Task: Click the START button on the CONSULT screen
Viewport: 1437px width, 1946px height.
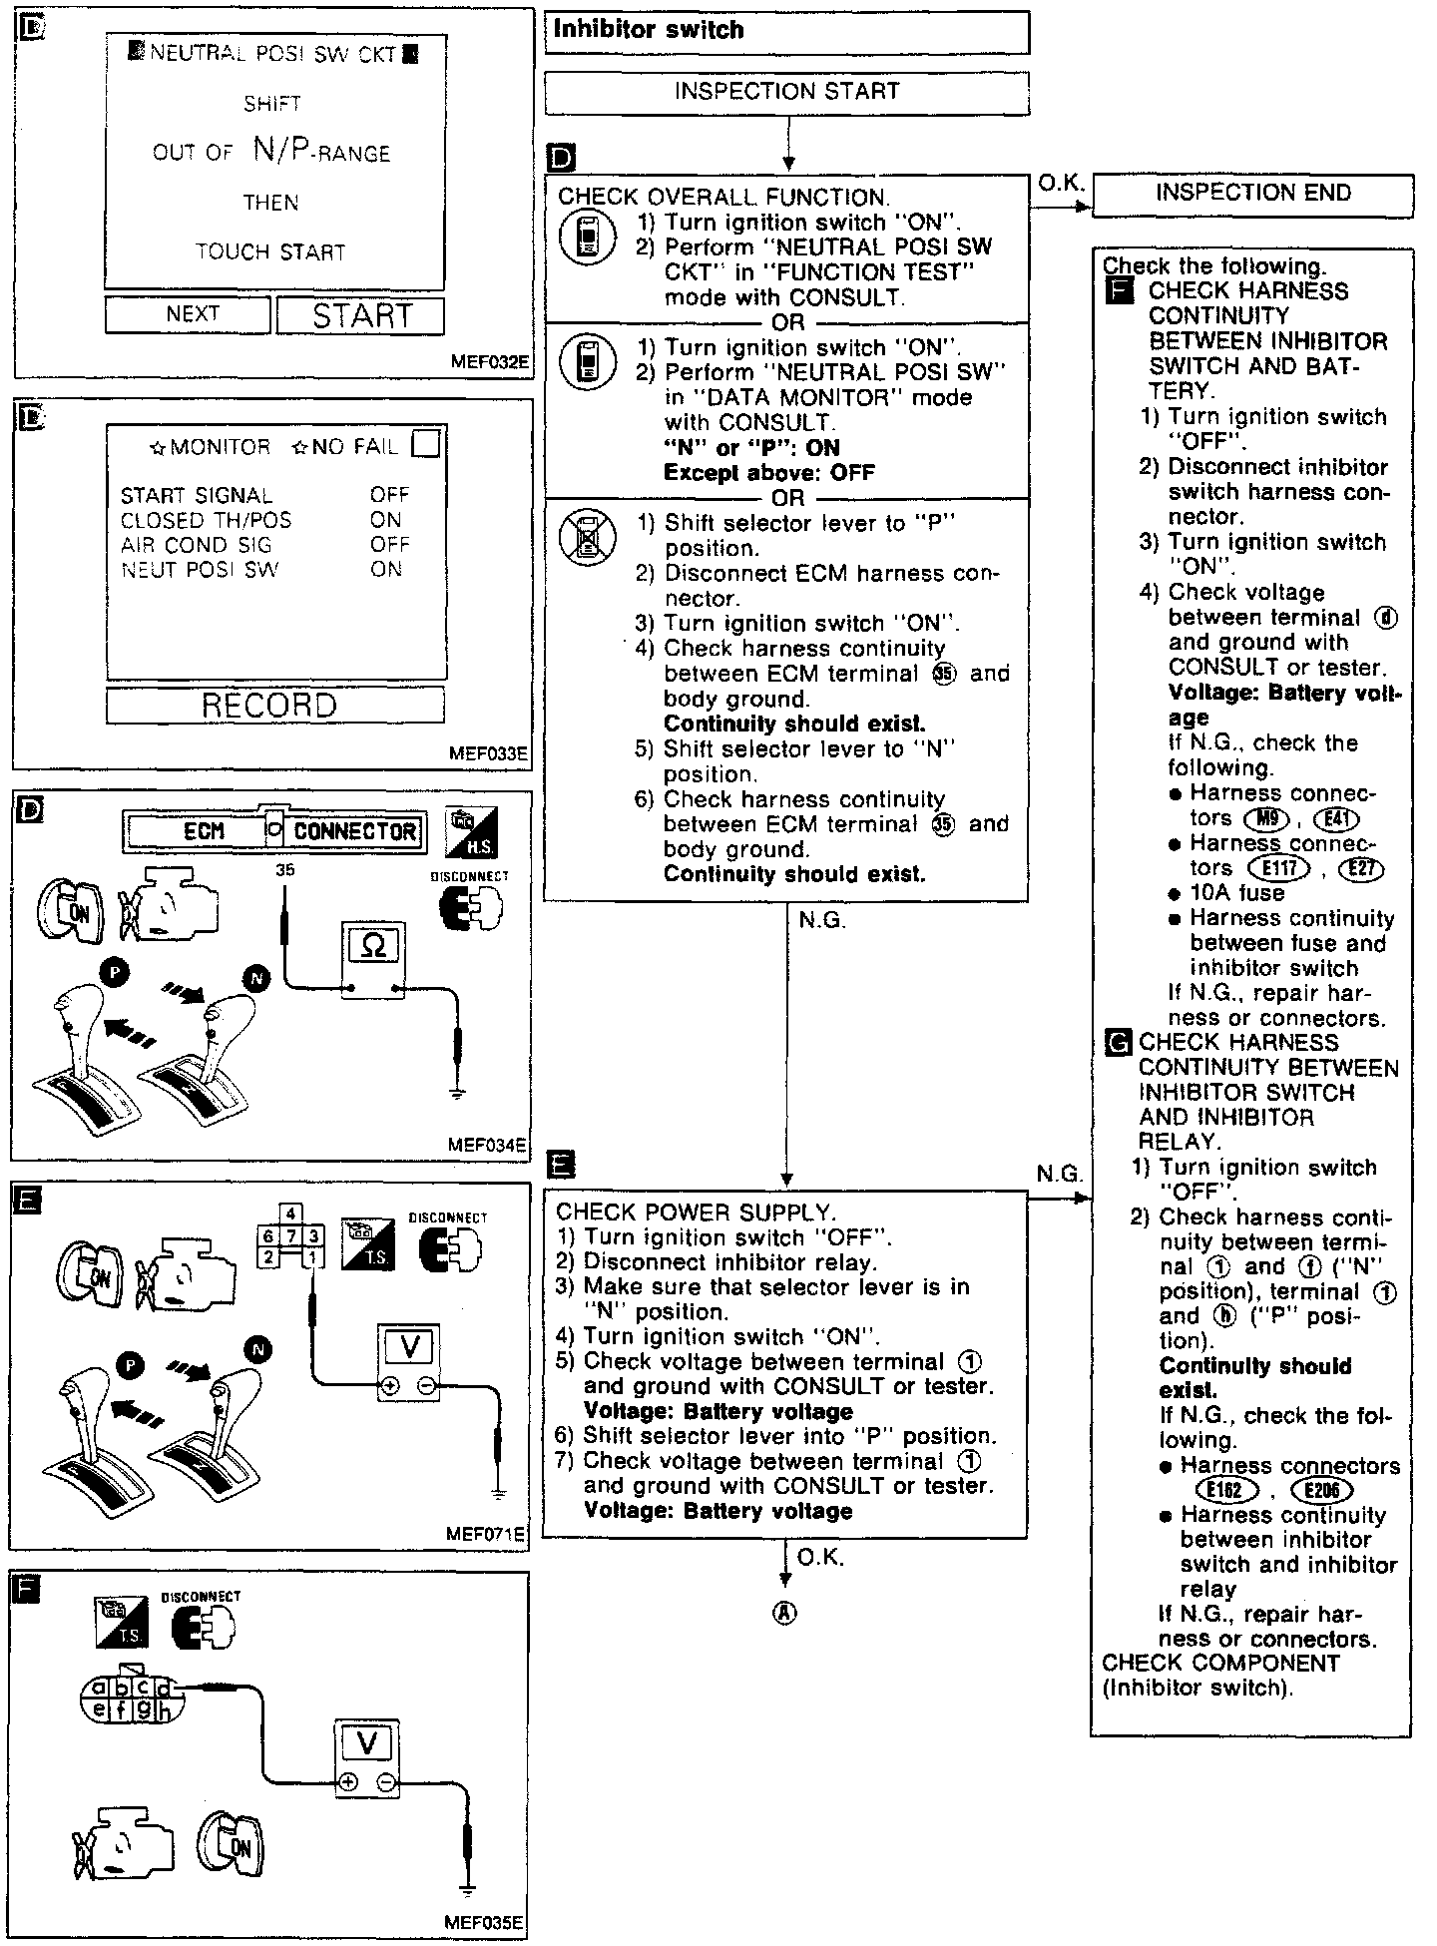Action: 360,316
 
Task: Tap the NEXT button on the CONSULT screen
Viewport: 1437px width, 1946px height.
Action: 188,314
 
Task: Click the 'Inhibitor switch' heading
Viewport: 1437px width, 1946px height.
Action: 649,30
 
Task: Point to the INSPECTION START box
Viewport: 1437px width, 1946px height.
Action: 786,92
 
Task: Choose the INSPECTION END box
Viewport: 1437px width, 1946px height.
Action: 1252,194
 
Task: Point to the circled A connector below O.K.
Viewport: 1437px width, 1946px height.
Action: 785,1614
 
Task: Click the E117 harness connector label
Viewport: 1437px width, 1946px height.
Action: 1279,868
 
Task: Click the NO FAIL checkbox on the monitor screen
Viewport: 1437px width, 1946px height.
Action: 426,444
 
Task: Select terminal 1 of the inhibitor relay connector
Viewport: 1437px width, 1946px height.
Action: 313,1257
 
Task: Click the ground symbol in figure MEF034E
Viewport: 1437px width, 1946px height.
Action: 457,1094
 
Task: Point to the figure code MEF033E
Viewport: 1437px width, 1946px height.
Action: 488,753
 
